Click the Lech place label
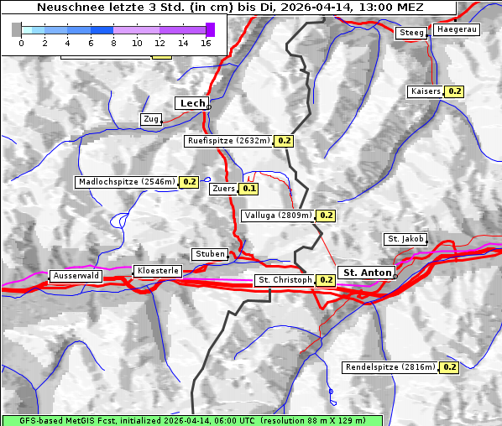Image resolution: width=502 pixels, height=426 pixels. click(192, 103)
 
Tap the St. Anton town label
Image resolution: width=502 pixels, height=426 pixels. click(368, 273)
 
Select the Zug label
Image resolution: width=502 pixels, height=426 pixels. click(151, 119)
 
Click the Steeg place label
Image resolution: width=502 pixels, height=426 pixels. click(411, 33)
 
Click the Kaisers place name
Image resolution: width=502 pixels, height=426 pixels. click(425, 91)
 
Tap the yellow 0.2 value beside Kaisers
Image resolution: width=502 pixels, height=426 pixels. click(454, 91)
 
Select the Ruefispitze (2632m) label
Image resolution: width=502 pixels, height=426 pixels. click(228, 141)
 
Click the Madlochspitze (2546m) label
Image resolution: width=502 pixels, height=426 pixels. click(126, 181)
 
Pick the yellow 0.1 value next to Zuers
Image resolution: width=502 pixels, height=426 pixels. click(248, 189)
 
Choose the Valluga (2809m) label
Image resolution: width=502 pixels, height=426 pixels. click(278, 216)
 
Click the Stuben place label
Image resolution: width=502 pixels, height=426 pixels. click(210, 254)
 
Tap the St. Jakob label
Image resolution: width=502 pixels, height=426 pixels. click(405, 239)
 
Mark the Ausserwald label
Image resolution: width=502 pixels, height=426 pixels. click(76, 275)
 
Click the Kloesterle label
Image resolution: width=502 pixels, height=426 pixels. click(156, 271)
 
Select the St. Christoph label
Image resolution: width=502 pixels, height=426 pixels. click(285, 279)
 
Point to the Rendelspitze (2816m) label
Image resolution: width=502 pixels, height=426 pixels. click(390, 367)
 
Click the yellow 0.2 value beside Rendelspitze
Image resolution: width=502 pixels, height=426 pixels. click(449, 367)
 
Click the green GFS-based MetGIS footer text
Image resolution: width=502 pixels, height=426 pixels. click(191, 420)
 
